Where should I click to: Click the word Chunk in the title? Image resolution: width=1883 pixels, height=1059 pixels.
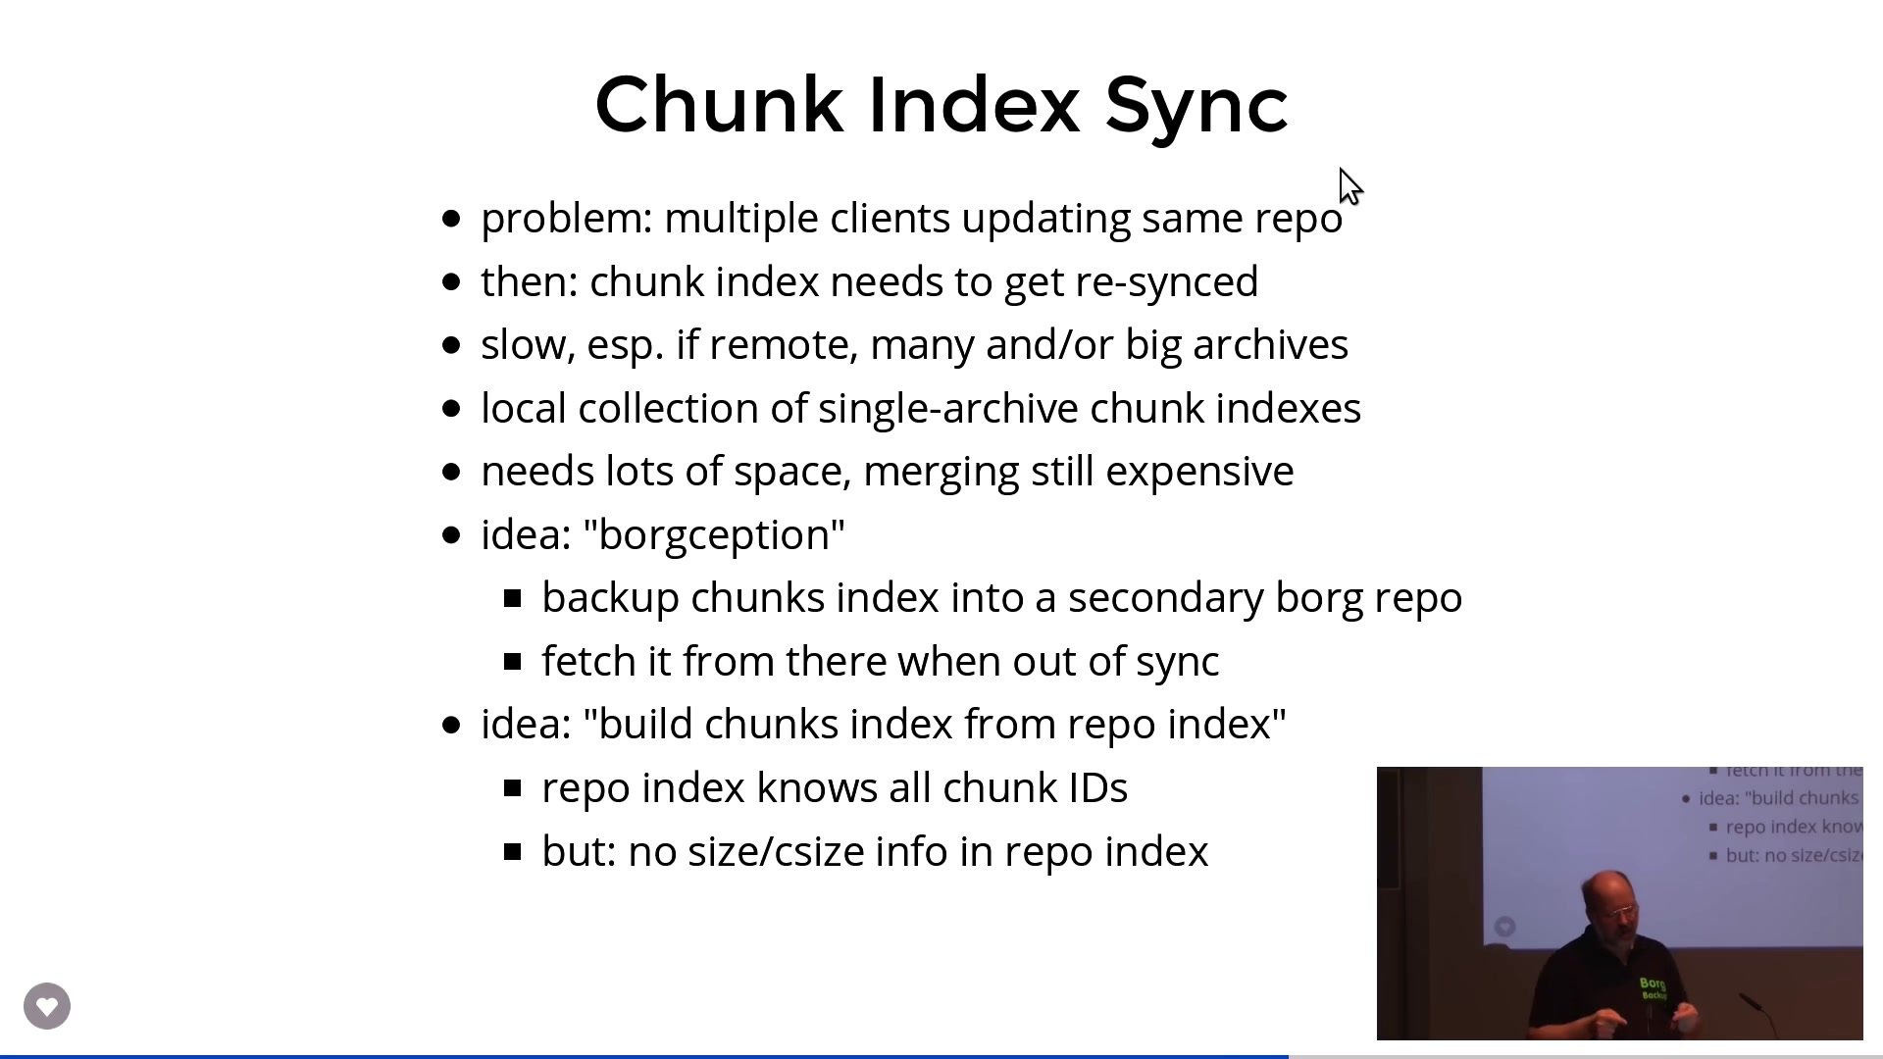(718, 104)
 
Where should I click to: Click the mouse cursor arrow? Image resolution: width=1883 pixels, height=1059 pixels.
(1350, 186)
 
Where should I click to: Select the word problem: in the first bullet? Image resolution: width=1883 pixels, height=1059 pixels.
(567, 219)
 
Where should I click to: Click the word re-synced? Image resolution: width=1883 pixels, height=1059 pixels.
(1166, 282)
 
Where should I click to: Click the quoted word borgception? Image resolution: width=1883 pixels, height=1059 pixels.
(714, 535)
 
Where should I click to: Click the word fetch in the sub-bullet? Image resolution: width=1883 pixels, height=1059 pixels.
(588, 661)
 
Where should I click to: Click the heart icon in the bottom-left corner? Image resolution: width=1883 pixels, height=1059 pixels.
(47, 1006)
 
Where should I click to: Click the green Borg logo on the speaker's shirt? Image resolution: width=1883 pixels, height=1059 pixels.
(1653, 987)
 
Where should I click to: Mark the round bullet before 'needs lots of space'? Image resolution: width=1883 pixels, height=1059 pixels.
(451, 472)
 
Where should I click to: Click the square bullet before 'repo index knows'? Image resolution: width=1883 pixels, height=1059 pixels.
(512, 788)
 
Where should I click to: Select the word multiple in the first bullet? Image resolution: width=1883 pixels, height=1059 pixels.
(741, 219)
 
